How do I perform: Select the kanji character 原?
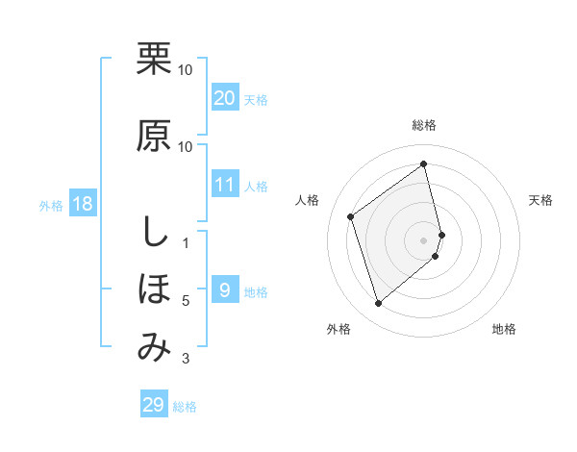[x=154, y=137]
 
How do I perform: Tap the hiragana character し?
[x=154, y=231]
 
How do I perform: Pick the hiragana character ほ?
[x=154, y=289]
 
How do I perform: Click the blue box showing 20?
[x=225, y=98]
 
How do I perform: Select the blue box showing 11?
[x=225, y=185]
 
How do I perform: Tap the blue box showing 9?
[x=225, y=290]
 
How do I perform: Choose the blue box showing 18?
[x=82, y=204]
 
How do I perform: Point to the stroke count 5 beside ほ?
[x=186, y=301]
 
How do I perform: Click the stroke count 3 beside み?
[x=186, y=360]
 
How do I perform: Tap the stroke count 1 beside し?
[x=186, y=242]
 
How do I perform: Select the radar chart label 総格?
[x=424, y=125]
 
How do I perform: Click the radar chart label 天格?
[x=541, y=200]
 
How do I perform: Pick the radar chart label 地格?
[x=504, y=329]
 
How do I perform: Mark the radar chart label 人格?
[x=308, y=200]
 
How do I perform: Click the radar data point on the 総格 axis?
[x=424, y=163]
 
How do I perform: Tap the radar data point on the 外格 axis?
[x=378, y=304]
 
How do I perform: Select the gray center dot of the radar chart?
[x=424, y=239]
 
